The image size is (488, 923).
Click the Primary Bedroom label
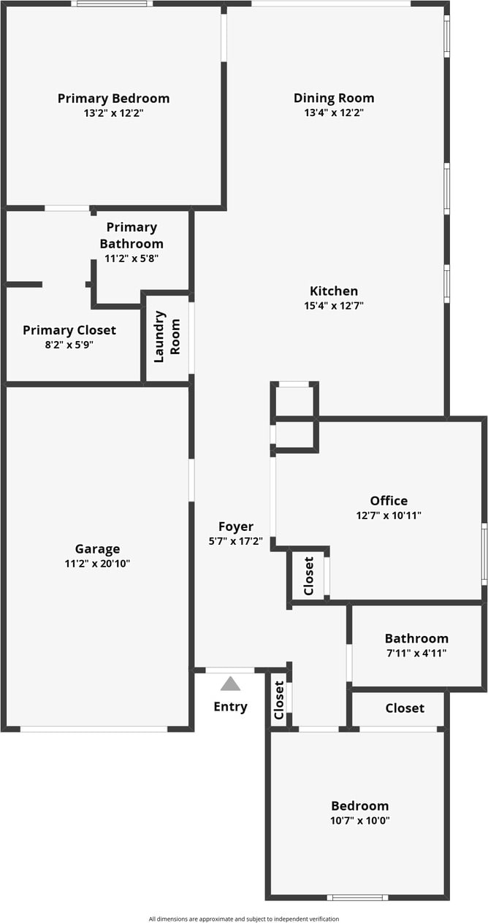point(113,99)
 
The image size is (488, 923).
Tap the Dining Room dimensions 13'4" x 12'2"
point(334,113)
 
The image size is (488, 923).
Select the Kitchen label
point(334,291)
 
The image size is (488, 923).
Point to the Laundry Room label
point(167,337)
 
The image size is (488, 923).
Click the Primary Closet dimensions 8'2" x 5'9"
point(69,345)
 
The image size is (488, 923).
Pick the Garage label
point(97,549)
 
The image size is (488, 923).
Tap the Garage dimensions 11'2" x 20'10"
point(97,563)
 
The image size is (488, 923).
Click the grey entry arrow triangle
point(230,684)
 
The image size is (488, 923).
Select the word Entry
point(230,706)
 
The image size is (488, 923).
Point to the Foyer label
point(236,526)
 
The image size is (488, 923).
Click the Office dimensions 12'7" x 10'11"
point(389,515)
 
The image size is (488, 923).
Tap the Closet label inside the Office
point(308,575)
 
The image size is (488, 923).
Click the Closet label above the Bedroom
point(405,708)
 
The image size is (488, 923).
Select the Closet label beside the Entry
point(278,700)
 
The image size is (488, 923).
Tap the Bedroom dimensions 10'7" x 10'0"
point(360,820)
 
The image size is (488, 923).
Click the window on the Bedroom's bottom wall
point(357,897)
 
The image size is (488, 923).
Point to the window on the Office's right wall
point(484,553)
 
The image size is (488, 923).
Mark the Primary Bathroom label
point(131,235)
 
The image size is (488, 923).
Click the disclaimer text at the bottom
point(244,919)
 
